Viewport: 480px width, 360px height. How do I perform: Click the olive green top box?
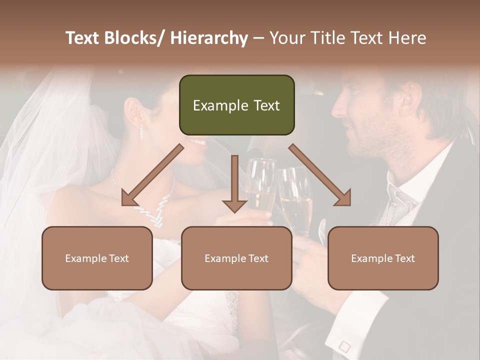click(236, 105)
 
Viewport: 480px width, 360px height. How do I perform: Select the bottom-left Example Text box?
click(97, 258)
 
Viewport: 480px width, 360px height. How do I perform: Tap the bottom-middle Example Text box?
click(236, 258)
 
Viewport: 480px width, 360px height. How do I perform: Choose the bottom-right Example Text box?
click(383, 258)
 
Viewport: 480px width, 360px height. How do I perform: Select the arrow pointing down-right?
click(320, 175)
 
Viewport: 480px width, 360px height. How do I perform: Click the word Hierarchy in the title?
click(208, 38)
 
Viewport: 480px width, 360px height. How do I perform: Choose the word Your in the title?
click(286, 38)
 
